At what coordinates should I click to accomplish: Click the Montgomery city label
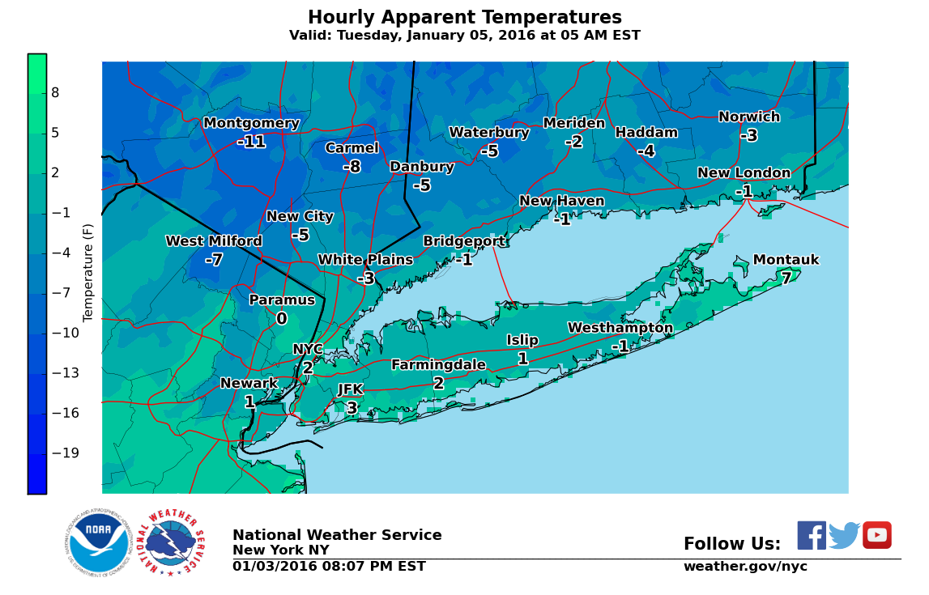pyautogui.click(x=251, y=123)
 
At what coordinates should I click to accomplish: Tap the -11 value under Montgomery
pyautogui.click(x=251, y=142)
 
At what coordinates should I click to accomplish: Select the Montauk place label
pyautogui.click(x=786, y=260)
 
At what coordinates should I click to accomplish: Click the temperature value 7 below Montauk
pyautogui.click(x=786, y=278)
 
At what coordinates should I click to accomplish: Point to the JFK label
pyautogui.click(x=350, y=389)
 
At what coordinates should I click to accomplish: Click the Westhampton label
pyautogui.click(x=620, y=328)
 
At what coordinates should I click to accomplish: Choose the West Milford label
pyautogui.click(x=214, y=241)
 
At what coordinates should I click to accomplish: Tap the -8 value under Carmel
pyautogui.click(x=352, y=167)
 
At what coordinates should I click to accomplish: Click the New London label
pyautogui.click(x=744, y=173)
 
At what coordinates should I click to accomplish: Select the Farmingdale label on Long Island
pyautogui.click(x=438, y=365)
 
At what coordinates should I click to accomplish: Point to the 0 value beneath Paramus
pyautogui.click(x=281, y=319)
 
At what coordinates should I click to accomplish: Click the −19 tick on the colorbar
pyautogui.click(x=65, y=453)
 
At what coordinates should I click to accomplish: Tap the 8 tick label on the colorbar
pyautogui.click(x=55, y=93)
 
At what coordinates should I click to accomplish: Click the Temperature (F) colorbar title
pyautogui.click(x=88, y=272)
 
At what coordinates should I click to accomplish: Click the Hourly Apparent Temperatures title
pyautogui.click(x=464, y=18)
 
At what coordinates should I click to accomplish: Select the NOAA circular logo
pyautogui.click(x=98, y=543)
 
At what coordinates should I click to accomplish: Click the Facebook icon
pyautogui.click(x=812, y=535)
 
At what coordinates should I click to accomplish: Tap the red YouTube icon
pyautogui.click(x=876, y=535)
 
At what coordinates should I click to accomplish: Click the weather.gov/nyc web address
pyautogui.click(x=745, y=567)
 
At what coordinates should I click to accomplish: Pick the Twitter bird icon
pyautogui.click(x=844, y=535)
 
